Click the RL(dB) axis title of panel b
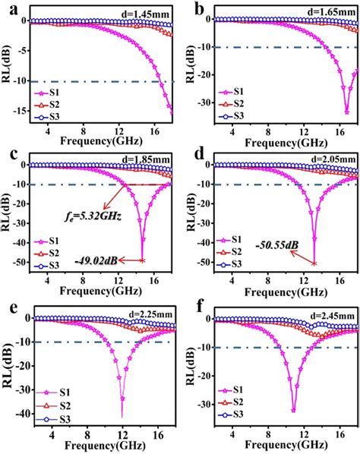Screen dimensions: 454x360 tap(191, 68)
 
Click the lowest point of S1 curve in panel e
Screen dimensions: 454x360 tap(122, 416)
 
